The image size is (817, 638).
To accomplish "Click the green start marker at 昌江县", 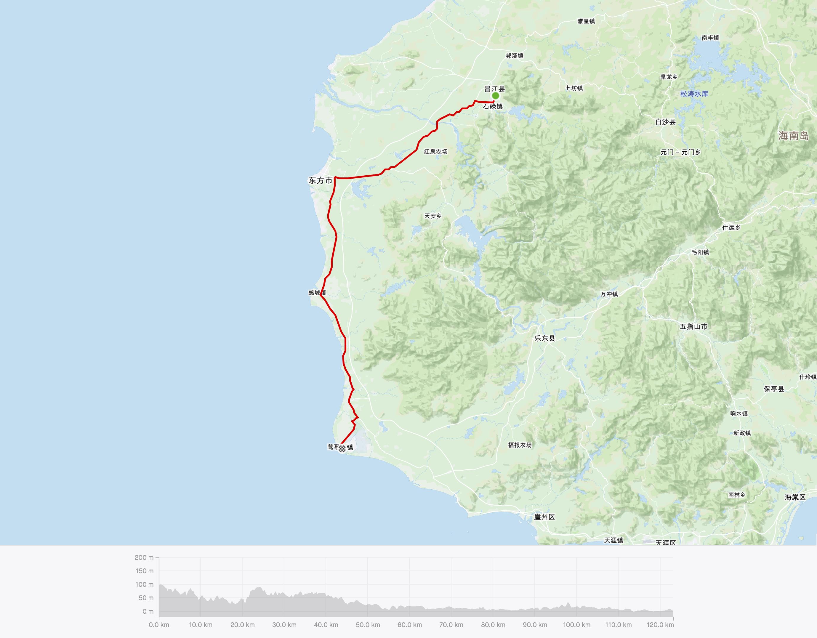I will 495,96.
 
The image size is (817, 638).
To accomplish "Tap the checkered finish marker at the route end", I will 342,448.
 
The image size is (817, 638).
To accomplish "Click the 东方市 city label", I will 320,181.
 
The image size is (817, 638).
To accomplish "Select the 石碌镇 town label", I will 493,107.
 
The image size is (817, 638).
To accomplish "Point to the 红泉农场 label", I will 435,151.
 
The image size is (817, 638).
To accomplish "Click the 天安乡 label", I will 433,216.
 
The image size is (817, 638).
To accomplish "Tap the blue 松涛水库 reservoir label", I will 694,94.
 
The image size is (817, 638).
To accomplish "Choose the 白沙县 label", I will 666,122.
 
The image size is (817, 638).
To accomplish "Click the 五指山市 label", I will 693,326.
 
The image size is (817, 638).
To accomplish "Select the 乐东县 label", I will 545,339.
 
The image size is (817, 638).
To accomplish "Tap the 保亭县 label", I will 774,389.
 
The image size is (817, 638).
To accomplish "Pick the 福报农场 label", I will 520,445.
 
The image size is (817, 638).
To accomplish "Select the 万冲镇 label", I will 609,294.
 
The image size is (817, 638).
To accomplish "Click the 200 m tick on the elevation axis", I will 144,558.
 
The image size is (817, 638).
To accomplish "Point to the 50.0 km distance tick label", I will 368,625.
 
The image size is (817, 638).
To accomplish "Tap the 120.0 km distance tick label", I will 660,625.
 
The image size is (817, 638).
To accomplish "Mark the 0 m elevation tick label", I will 148,611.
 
